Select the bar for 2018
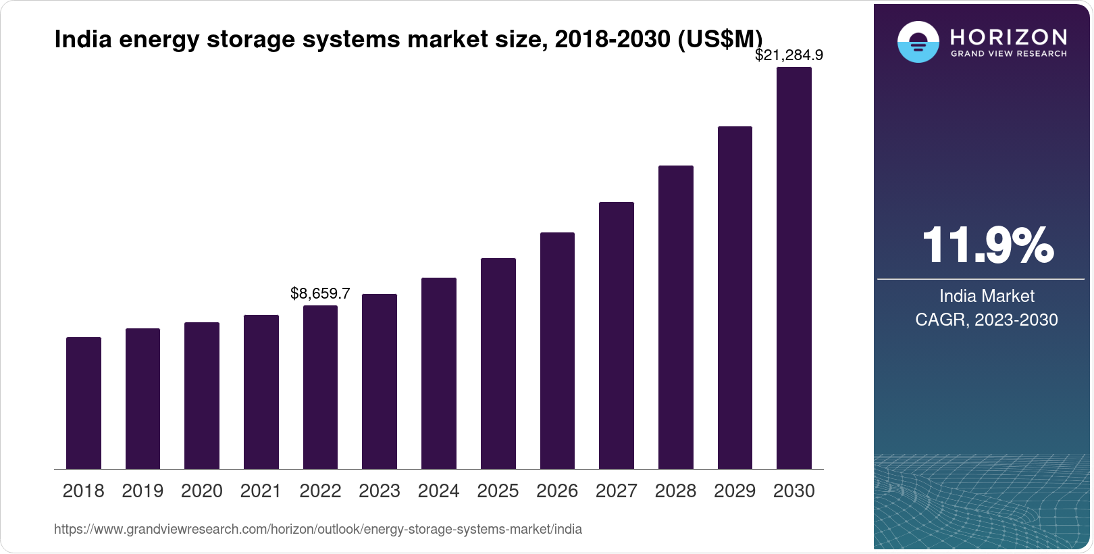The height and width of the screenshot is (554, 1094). tap(84, 403)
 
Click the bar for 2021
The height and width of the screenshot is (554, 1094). tap(261, 392)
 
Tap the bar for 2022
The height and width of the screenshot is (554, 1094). tap(320, 387)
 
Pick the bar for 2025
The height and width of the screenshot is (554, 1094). tap(498, 363)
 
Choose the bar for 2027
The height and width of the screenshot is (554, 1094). tap(616, 335)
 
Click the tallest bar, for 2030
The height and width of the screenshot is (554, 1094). tap(794, 268)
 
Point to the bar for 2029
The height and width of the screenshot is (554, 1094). tap(735, 297)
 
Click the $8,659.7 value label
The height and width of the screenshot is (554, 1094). tap(320, 293)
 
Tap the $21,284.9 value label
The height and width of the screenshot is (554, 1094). tap(789, 55)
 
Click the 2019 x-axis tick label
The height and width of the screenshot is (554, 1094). tap(142, 491)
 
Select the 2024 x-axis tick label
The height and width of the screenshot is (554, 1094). tap(438, 491)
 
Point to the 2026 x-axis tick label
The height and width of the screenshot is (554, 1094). tap(557, 491)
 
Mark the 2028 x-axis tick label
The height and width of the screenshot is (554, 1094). tap(675, 491)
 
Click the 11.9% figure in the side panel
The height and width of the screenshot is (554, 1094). tap(987, 245)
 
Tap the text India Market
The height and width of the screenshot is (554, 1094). tap(987, 296)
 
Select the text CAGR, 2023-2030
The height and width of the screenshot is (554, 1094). tap(987, 320)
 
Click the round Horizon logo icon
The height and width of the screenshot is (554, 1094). tap(918, 42)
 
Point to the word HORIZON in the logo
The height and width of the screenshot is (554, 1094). tap(1008, 36)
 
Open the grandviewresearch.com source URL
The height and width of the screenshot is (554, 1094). tap(317, 529)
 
